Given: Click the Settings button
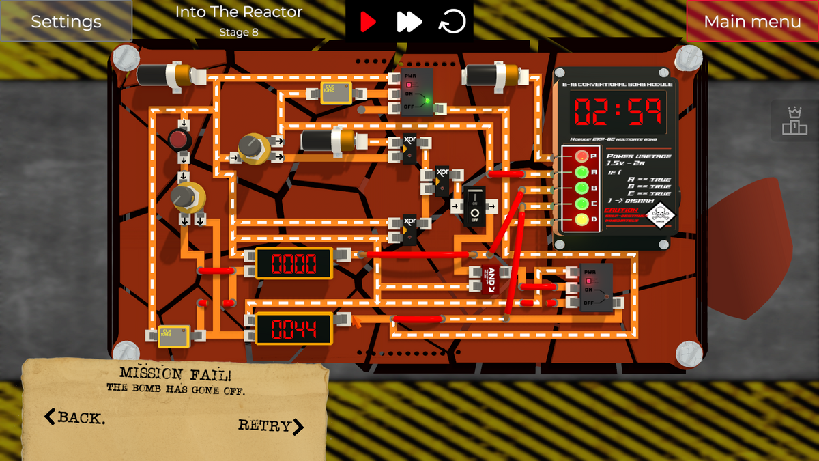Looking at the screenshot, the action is pos(66,21).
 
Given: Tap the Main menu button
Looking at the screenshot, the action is pos(752,21).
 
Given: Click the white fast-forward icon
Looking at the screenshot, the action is pos(409,22).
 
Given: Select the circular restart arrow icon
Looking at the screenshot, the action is pos(452,22).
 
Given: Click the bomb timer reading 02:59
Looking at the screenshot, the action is pos(618,113).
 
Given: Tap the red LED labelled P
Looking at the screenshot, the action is pos(581,156).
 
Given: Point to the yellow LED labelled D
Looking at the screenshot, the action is pos(581,220).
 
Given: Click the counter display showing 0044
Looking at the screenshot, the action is pos(294,329).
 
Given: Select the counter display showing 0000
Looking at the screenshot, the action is pos(294,264).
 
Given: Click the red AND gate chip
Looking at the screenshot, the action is pos(490,279).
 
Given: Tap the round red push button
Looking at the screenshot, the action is pos(179,141).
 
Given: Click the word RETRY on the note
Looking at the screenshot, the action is pos(270,426).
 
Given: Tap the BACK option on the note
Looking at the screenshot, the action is pos(75,417).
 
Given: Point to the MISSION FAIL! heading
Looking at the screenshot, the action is pos(175,374).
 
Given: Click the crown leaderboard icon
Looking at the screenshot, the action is pos(794,121).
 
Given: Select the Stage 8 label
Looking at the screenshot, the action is pos(238,32).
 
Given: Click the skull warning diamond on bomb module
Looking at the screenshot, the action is pos(659,216).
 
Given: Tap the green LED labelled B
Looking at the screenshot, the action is pos(581,188).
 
